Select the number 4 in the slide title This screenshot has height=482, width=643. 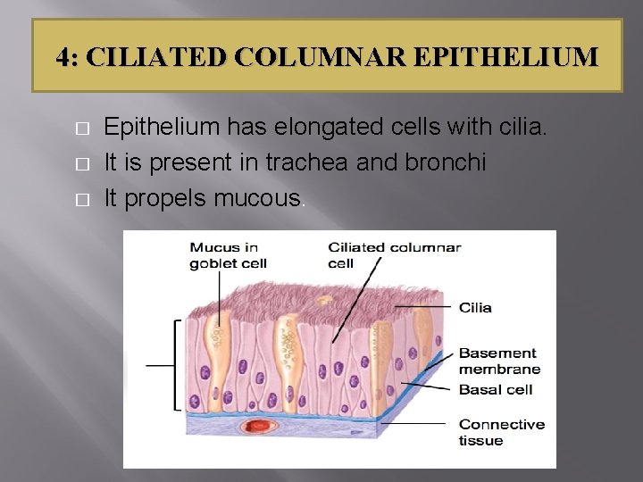coord(62,58)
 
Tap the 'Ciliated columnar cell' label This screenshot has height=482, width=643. coord(394,255)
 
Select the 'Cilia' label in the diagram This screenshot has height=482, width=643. coord(475,308)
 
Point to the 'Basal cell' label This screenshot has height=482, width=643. coord(495,389)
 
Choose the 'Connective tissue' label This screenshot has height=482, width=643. coord(500,432)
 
